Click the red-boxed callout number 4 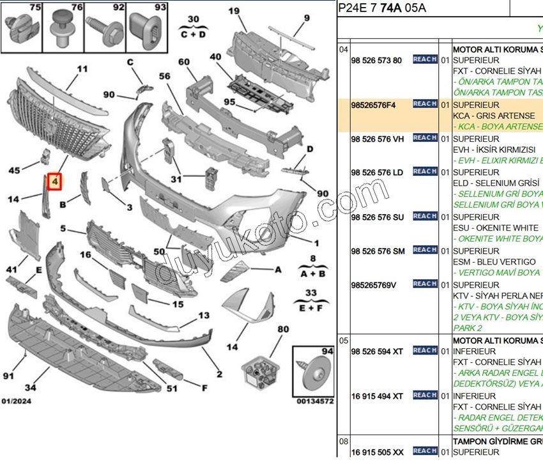[56, 182]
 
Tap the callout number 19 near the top [233, 11]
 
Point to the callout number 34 [30, 388]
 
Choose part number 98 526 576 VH [377, 139]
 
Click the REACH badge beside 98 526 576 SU [425, 217]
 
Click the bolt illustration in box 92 [105, 29]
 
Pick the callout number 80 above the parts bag [283, 330]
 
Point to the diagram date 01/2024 [17, 401]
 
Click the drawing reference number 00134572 [315, 401]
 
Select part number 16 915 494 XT [377, 396]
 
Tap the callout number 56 [165, 75]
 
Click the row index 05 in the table [344, 341]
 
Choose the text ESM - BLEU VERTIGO [494, 262]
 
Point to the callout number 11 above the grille [82, 69]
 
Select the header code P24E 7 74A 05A [382, 8]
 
